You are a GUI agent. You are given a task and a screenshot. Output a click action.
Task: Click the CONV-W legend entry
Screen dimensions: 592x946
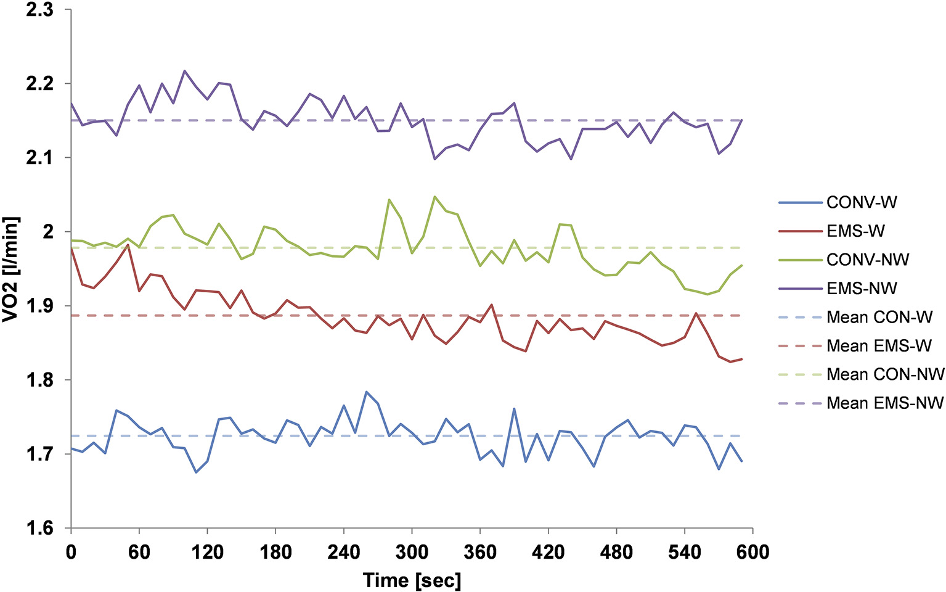coord(862,202)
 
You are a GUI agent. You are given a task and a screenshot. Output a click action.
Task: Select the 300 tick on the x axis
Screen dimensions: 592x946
coord(412,552)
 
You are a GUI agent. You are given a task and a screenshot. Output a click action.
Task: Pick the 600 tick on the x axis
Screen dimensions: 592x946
coord(752,552)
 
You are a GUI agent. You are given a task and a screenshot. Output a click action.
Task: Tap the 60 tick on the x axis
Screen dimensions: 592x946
coord(139,552)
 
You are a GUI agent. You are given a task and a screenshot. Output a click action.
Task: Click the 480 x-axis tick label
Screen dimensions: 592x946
coord(616,552)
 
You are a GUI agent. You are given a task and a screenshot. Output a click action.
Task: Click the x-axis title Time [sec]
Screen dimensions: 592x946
coord(412,580)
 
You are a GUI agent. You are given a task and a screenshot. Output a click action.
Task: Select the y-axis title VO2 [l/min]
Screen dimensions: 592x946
coord(11,269)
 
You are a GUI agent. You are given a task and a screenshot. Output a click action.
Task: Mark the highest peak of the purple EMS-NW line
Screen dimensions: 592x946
coord(185,71)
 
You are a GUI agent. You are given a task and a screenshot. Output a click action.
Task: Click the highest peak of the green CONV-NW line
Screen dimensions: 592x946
coord(434,197)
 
